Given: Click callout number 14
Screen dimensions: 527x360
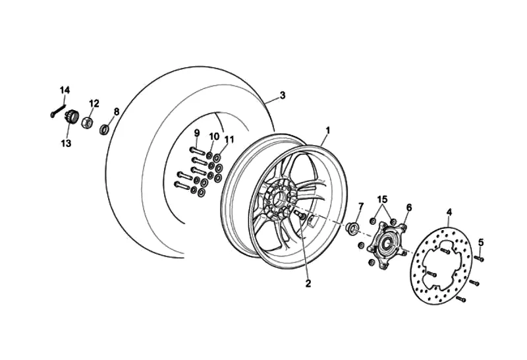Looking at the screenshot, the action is [65, 90].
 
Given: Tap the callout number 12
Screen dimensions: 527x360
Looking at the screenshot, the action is [94, 103].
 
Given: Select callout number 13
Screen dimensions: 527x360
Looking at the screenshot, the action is [66, 142].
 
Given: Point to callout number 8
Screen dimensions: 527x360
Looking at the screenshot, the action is [117, 111].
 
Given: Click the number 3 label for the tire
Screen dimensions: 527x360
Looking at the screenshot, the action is [283, 95].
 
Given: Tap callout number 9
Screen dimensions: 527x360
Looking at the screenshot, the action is [196, 133].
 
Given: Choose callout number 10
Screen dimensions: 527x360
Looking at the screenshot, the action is [214, 136].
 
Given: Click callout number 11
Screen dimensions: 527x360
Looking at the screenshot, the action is [229, 139].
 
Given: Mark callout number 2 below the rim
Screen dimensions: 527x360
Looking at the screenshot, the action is [308, 284].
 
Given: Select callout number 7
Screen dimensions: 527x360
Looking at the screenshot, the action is [360, 206].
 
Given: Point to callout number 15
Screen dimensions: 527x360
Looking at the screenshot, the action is [383, 199].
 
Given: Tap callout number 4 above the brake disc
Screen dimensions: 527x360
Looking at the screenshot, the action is [449, 212].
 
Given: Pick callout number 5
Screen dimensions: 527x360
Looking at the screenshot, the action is [481, 242].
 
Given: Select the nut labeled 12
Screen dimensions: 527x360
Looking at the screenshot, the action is [86, 121].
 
